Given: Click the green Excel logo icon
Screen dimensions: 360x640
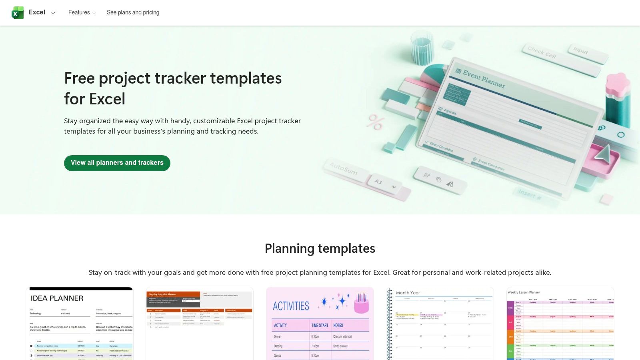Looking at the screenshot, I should click(18, 13).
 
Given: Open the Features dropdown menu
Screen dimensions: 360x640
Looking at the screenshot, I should click(82, 12).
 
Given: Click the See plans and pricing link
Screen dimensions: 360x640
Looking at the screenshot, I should click(133, 12).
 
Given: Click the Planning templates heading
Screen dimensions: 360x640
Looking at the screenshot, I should click(320, 248).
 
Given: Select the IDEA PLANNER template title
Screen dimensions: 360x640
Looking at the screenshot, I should click(57, 298).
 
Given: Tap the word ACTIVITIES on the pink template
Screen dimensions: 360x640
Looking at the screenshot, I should click(291, 306).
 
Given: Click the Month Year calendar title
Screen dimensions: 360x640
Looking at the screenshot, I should click(408, 293).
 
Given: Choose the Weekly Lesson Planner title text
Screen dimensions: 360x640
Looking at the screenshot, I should click(524, 292).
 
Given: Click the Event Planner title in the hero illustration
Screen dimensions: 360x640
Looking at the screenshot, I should click(484, 78).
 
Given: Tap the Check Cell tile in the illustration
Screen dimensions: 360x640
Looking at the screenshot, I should click(542, 52).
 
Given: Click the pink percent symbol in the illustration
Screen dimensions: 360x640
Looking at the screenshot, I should click(376, 122).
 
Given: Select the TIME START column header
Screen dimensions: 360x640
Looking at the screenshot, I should click(320, 326).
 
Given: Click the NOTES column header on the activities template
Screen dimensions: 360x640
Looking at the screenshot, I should click(338, 326).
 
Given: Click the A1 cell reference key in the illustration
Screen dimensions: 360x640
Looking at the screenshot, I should click(378, 182).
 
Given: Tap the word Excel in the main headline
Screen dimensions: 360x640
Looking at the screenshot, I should click(107, 99).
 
